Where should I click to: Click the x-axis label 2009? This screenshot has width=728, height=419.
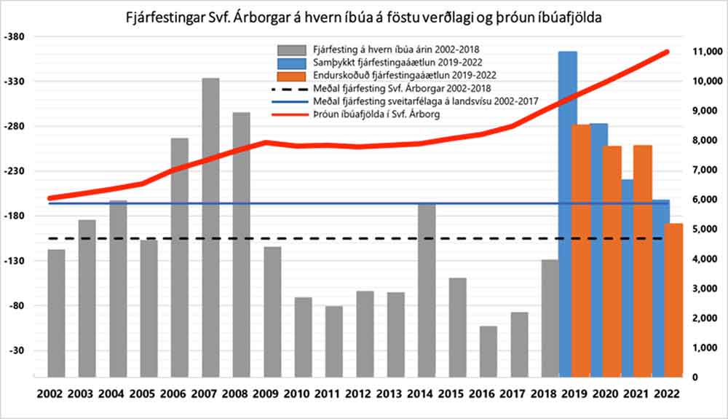272,394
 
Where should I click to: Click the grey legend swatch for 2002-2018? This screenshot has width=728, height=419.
288,49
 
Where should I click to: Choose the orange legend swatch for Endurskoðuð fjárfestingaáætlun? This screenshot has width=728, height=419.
288,75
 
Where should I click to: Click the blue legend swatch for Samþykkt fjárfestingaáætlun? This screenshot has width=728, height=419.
288,62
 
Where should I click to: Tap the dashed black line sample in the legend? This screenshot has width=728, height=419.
288,88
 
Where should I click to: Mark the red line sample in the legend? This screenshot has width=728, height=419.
288,114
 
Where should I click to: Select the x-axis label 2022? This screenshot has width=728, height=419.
667,394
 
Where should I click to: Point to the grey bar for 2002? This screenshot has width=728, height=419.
56,313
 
